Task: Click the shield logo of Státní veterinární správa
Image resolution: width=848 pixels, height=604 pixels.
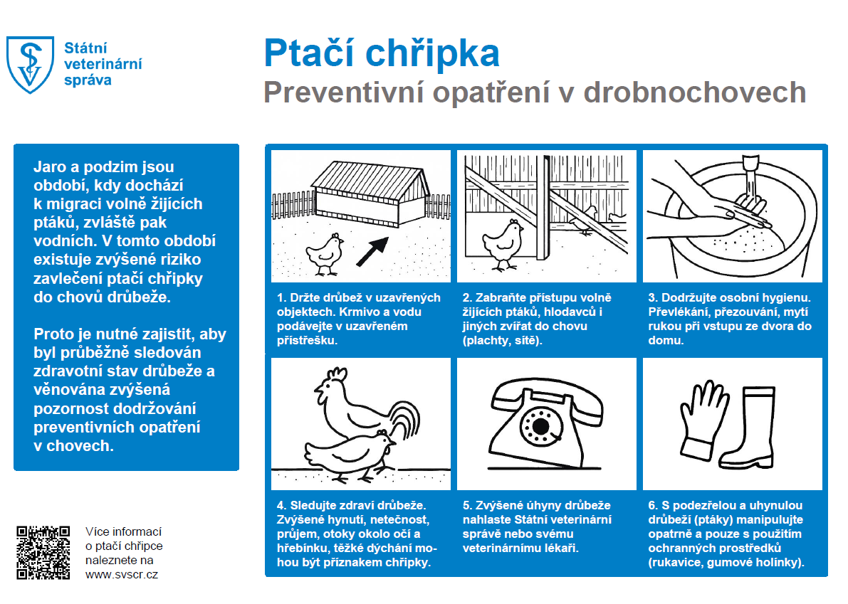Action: (x=30, y=63)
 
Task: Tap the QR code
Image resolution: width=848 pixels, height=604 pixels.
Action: (x=43, y=552)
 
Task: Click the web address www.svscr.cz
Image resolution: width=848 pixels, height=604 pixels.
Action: (x=121, y=574)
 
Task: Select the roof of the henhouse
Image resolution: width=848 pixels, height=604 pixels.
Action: (x=370, y=176)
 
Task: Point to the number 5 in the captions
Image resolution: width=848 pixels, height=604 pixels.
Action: (x=466, y=506)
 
